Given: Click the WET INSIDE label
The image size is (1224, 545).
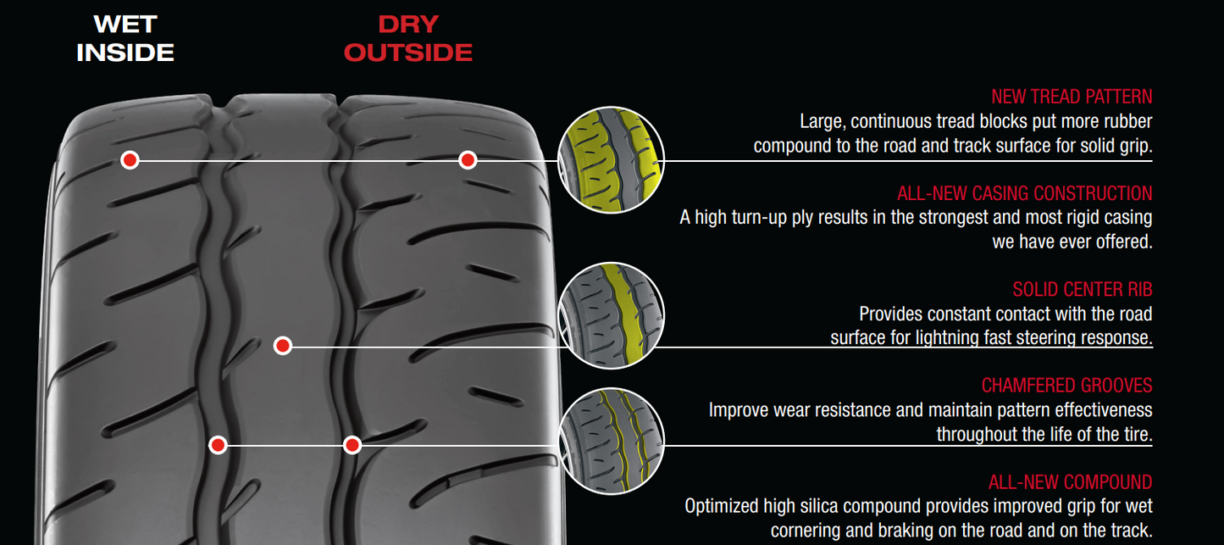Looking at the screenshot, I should coord(125,38).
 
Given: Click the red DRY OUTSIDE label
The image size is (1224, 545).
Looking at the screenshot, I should coord(408,38).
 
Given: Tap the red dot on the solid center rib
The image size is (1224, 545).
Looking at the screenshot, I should coord(283,346).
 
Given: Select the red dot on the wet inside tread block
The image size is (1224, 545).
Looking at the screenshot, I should coord(129,159).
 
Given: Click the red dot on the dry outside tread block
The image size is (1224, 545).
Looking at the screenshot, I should coord(468,159).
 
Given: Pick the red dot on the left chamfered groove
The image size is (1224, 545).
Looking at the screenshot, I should coord(218,445).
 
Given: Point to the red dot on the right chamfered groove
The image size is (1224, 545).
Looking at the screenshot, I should coord(352,445).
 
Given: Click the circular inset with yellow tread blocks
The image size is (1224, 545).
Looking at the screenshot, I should coord(611,160).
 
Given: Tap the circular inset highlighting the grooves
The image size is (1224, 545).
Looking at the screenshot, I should coord(611,442).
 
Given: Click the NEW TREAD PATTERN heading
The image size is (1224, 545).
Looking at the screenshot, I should coord(1072,97).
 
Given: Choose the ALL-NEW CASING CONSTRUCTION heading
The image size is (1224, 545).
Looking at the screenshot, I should coord(1024,193).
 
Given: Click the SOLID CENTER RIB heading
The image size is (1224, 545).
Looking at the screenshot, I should coord(1082,290).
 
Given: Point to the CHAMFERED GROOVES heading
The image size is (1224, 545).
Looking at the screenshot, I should coord(1066,386).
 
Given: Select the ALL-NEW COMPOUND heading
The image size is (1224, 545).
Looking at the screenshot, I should coord(1070,482).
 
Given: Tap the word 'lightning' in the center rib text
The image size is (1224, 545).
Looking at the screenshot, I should coord(951,337).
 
